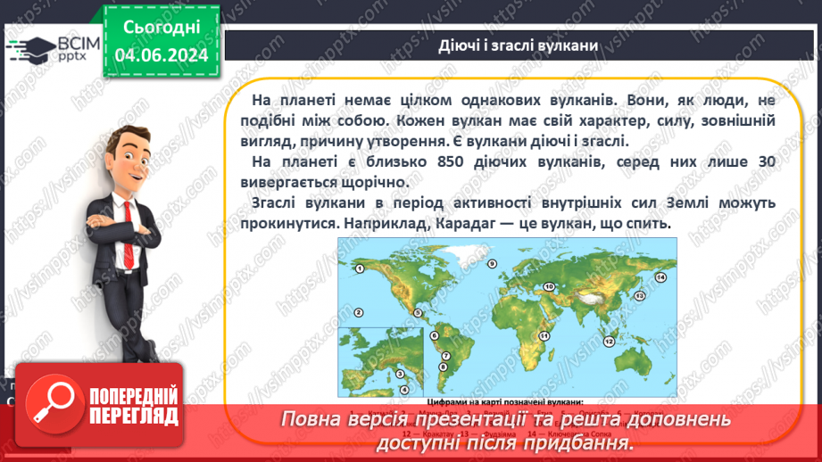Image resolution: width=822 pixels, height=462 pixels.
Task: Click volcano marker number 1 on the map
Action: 359,268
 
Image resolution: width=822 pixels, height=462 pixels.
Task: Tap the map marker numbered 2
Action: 358,311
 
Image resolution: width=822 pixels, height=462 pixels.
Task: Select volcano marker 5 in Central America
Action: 417,312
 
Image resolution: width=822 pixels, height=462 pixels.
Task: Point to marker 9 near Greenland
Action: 491,263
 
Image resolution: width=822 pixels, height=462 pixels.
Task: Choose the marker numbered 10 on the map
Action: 549,286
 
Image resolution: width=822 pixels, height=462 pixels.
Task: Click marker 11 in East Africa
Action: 544,334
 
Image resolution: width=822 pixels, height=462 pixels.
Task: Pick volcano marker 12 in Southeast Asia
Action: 608,341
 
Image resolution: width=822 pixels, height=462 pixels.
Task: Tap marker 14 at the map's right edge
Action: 660,277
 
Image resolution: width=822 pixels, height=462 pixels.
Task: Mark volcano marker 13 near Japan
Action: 638,295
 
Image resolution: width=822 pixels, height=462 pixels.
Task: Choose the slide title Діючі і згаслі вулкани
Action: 518,45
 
